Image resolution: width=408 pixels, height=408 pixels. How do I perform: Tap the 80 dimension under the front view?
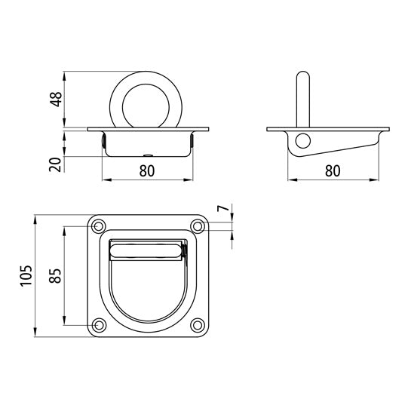coord(147,170)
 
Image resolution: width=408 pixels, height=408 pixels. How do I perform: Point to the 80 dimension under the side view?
coord(332,170)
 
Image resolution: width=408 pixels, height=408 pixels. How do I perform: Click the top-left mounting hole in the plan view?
coord(98,225)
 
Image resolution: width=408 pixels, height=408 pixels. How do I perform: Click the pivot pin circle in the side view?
coord(302,140)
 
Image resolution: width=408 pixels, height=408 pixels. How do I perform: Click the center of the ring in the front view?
coord(147,100)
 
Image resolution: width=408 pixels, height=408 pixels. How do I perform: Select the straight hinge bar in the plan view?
coord(147,251)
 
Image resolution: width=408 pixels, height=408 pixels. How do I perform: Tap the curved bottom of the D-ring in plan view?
coord(147,314)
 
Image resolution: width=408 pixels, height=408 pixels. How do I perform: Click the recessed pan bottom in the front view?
coord(147,155)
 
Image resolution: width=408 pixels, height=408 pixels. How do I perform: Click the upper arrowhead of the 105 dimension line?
coord(37,219)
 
